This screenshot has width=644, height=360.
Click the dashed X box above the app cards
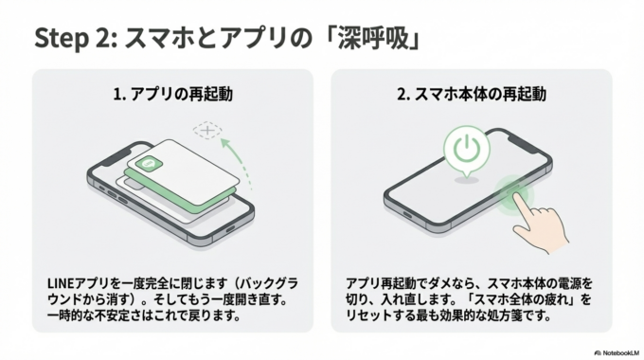205,130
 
